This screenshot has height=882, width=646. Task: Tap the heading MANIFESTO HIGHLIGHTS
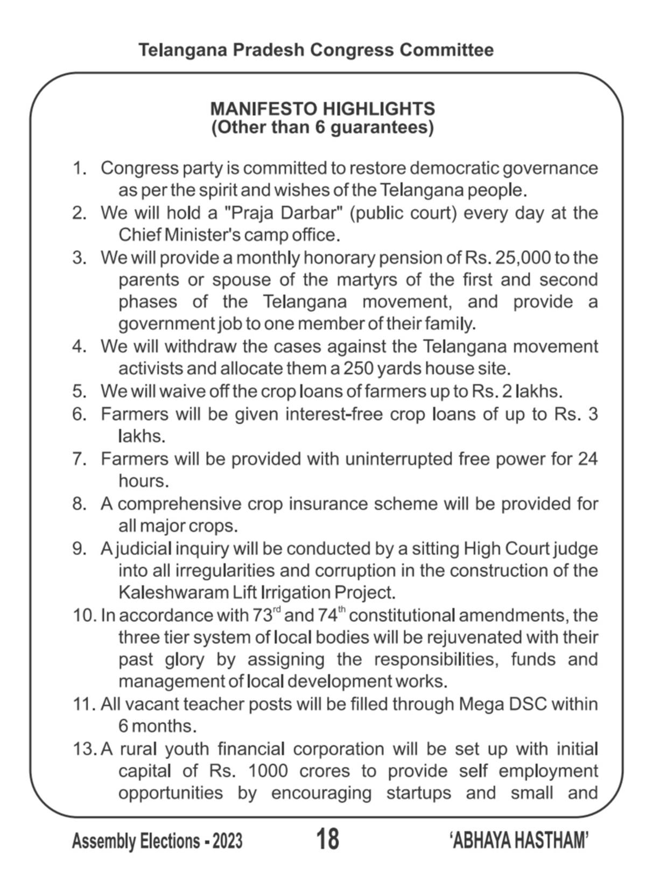(322, 109)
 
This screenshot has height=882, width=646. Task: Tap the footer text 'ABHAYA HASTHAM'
(518, 840)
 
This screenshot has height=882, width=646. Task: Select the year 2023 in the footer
(228, 841)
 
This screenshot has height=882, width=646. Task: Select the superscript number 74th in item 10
(332, 614)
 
